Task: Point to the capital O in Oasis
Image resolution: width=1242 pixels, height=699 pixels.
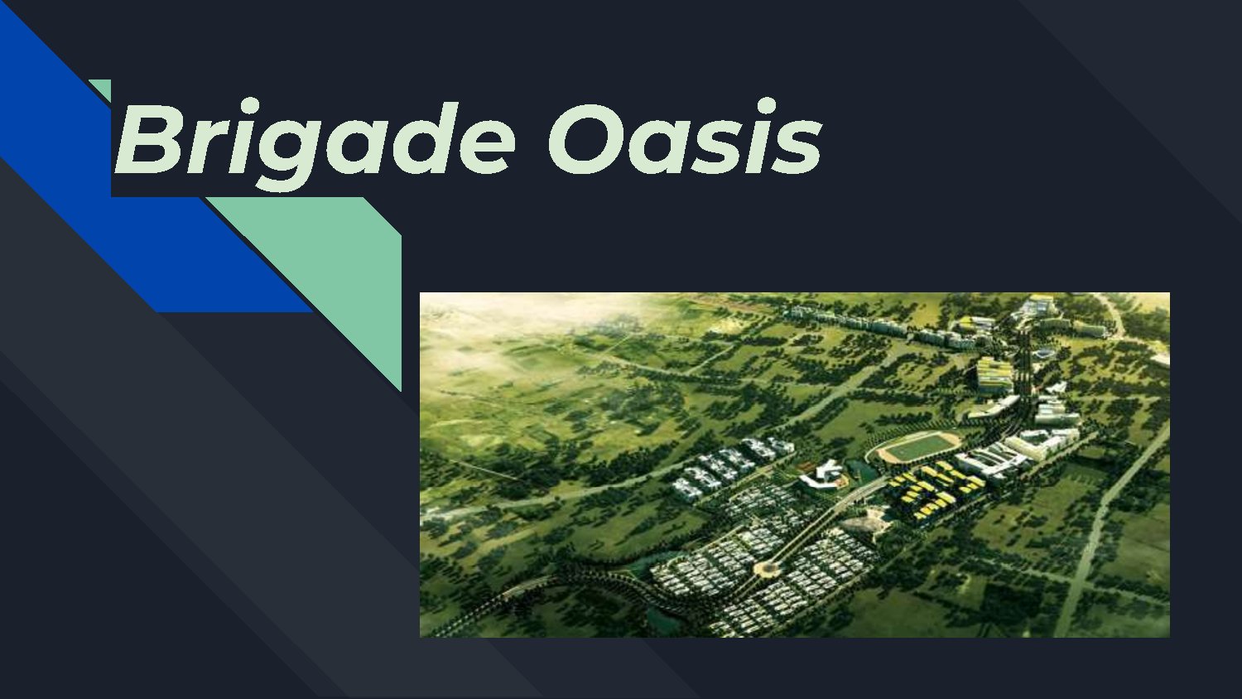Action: (585, 139)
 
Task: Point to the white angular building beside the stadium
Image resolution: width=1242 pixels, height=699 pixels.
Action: (824, 475)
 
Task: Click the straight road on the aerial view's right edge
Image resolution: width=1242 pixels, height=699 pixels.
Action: (1110, 513)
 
